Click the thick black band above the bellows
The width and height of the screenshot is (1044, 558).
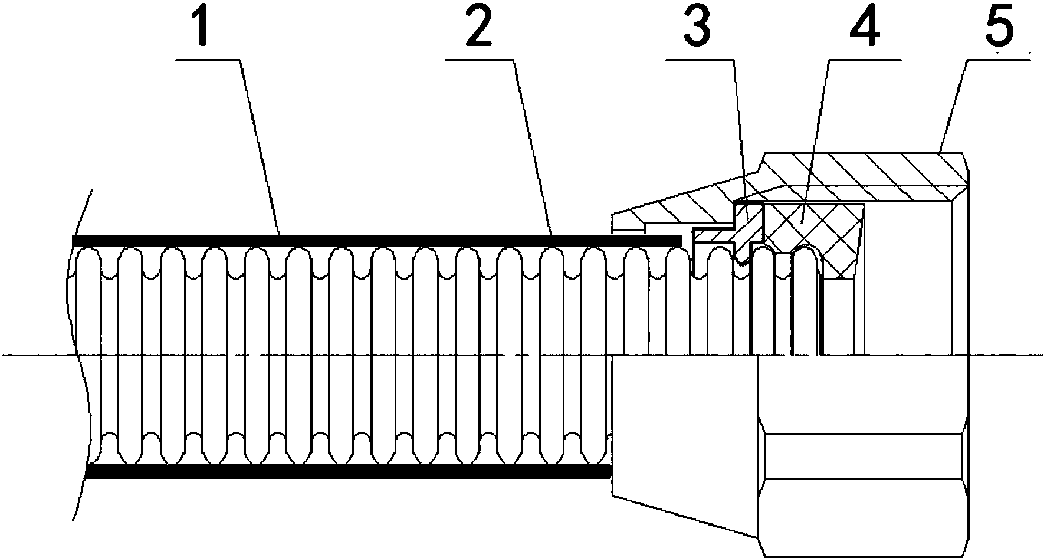[x=377, y=241]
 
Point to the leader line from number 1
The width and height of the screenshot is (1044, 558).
[x=258, y=147]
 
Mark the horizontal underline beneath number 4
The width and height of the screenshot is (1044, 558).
[x=865, y=59]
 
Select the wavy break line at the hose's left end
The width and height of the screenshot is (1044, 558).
[x=80, y=354]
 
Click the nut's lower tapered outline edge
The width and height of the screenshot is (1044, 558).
[x=684, y=516]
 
